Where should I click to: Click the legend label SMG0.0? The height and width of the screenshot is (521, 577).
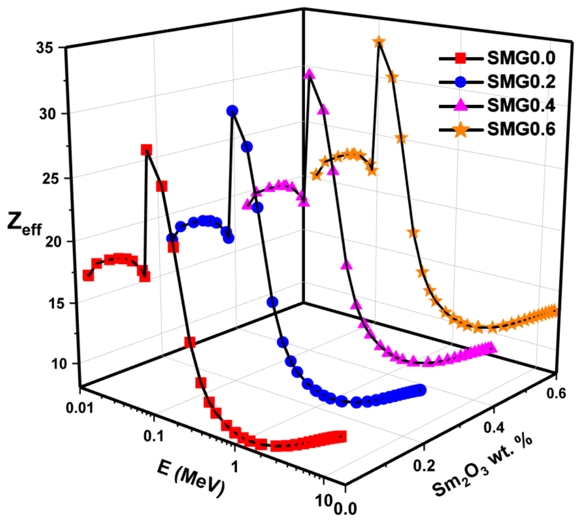coord(521,58)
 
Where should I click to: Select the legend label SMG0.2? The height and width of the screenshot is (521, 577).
coord(521,82)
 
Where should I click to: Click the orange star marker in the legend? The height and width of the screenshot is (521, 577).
coord(461,129)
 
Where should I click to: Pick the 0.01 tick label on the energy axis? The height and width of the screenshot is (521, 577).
coord(80,407)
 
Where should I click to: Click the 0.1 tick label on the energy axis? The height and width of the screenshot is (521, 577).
coord(153,436)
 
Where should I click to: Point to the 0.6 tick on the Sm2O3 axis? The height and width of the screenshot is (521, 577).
coord(556,393)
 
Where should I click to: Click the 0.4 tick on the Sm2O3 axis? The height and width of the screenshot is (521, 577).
coord(494,427)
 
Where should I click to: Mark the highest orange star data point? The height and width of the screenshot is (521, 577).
coord(379,42)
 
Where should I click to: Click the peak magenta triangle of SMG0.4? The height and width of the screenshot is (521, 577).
coord(309,73)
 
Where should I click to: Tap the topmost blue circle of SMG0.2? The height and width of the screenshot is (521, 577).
coord(232,110)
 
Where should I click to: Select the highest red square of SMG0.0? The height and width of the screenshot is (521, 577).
coord(146,150)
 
